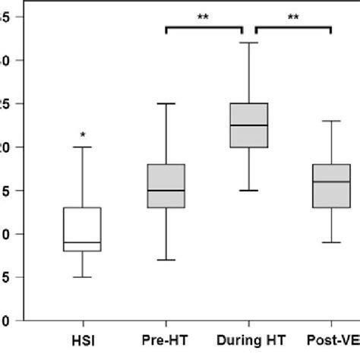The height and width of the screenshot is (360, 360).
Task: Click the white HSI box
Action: coord(82,228)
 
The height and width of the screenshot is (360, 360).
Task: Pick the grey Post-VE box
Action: coord(330,185)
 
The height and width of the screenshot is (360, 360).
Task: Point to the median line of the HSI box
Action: coord(82,242)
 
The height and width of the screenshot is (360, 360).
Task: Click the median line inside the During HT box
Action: coord(248,125)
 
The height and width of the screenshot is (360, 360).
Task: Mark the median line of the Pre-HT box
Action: coord(166,191)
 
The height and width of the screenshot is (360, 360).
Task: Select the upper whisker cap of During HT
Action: coord(248,43)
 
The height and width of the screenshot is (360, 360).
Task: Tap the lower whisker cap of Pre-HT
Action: coord(166,260)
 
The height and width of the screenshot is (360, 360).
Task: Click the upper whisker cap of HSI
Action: coord(82,147)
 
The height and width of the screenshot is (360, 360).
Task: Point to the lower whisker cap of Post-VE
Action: coord(330,242)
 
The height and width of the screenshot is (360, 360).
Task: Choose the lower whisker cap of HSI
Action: coord(82,277)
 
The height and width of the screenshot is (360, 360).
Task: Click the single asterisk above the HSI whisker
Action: coord(82,134)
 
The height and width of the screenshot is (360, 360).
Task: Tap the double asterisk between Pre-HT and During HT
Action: coord(203,15)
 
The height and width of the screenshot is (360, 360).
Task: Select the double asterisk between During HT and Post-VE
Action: coord(292,15)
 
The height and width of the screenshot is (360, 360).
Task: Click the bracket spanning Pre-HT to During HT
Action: coord(204,28)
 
